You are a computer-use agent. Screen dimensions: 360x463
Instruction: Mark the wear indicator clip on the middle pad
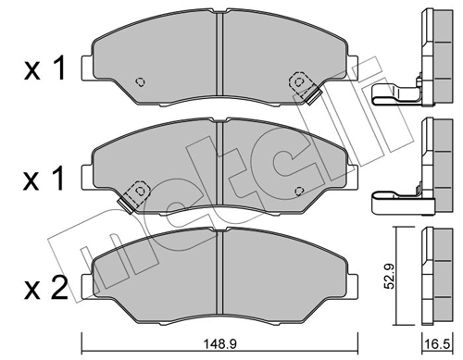click(x=135, y=192)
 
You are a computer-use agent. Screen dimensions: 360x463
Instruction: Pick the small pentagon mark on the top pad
click(x=140, y=81)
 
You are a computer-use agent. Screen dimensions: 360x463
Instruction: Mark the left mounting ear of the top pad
click(x=87, y=67)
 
